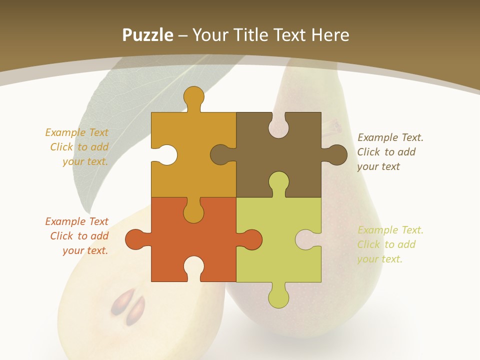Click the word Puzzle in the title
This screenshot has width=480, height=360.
148,35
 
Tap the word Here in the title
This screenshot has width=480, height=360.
330,35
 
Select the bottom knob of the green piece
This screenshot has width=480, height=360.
278,297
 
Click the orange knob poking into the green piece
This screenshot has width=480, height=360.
251,239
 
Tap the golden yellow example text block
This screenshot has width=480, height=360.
78,147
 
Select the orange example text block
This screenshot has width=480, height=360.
78,236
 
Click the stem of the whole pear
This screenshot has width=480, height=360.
332,126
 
